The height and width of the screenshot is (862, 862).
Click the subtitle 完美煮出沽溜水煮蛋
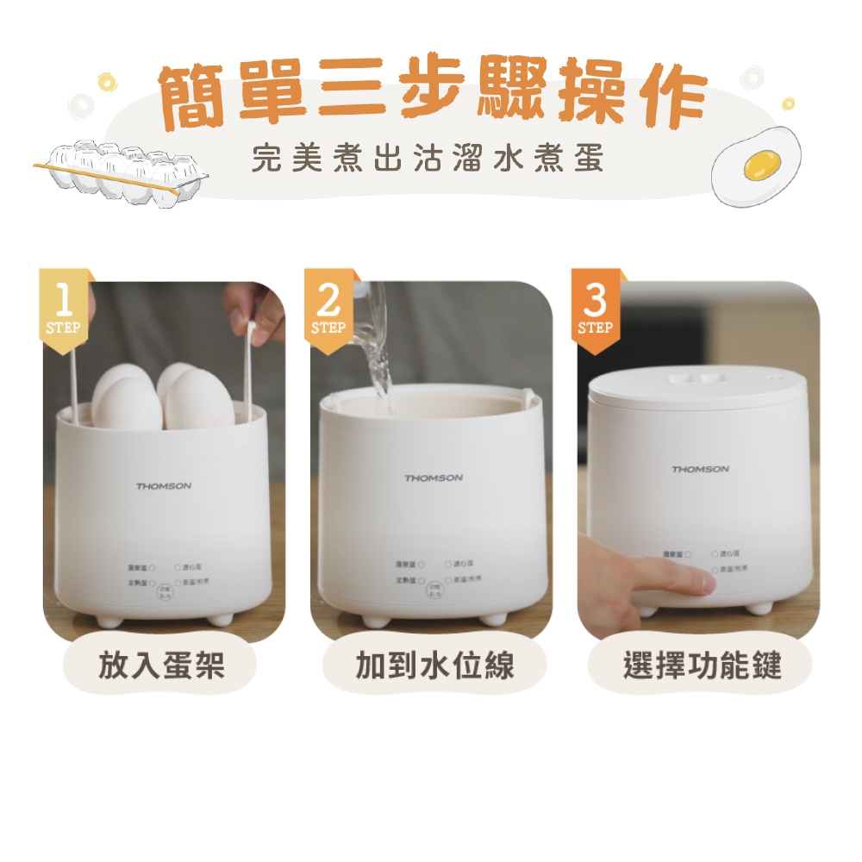coord(428,159)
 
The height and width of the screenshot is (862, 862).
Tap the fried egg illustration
coord(756,166)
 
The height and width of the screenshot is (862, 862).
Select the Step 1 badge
coord(63,310)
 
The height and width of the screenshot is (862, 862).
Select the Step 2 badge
coord(329,310)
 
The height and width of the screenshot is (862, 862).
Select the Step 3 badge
coord(596,310)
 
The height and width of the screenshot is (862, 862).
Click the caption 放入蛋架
coord(162,665)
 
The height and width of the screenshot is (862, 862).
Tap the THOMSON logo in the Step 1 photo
coord(164,486)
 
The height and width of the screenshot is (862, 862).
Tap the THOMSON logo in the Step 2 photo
coord(434,478)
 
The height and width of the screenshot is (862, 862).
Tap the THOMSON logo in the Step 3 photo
coord(700,469)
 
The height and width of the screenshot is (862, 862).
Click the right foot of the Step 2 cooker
coord(492,619)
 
